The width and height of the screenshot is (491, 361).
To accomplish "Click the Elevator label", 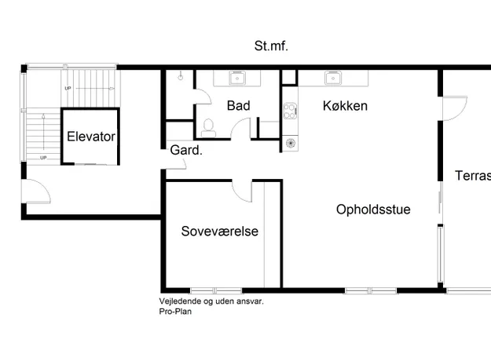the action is tap(91, 137).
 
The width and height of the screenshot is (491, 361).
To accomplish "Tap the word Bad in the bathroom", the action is tap(239, 106).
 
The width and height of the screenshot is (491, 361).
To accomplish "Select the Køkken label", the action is tap(345, 106).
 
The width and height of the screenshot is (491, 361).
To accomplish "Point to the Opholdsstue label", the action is tap(373, 210).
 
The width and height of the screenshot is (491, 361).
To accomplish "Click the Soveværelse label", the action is tap(220, 232).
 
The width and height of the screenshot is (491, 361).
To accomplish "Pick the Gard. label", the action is tap(186, 151).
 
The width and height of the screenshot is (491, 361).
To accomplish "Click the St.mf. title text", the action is tap(271, 46).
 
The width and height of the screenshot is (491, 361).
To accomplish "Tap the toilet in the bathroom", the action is tap(208, 128).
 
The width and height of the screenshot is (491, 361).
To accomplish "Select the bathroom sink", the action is tap(237, 78).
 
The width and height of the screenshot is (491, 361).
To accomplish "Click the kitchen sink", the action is tap(333, 78).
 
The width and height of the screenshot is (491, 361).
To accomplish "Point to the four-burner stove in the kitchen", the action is tap(290, 111).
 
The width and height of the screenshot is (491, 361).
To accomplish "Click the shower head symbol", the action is tap(181, 76).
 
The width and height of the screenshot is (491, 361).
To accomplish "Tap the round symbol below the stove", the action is tap(291, 144).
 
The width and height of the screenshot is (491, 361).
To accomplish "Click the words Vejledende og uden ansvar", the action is tap(211, 301).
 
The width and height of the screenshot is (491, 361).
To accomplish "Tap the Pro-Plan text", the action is tap(175, 312).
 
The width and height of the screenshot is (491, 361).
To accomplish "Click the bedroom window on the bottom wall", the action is tap(216, 290).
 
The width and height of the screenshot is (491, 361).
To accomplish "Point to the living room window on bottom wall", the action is tap(371, 290).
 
